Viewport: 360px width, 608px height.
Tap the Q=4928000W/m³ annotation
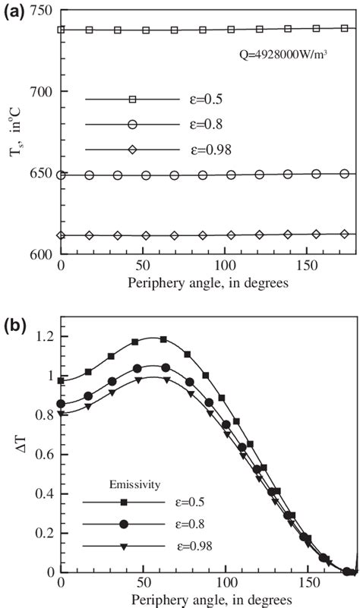[280, 55]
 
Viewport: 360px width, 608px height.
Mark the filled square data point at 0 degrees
[62, 380]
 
